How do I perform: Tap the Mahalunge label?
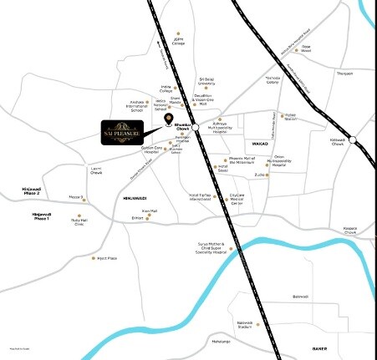(x=221, y=342)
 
